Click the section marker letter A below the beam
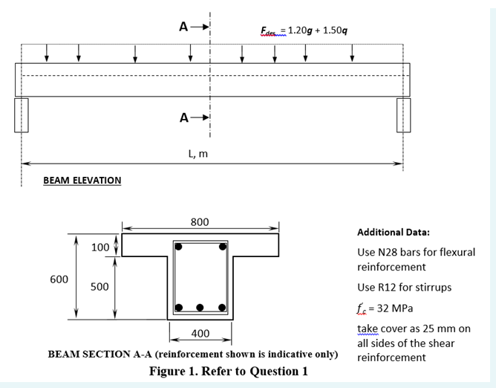tap(183, 117)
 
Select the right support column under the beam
tap(403, 114)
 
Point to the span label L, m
tap(198, 154)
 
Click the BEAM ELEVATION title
tap(82, 181)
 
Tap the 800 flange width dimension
tap(200, 222)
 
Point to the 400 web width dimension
tap(200, 332)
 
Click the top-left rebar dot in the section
tap(179, 245)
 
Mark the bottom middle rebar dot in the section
tap(200, 306)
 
